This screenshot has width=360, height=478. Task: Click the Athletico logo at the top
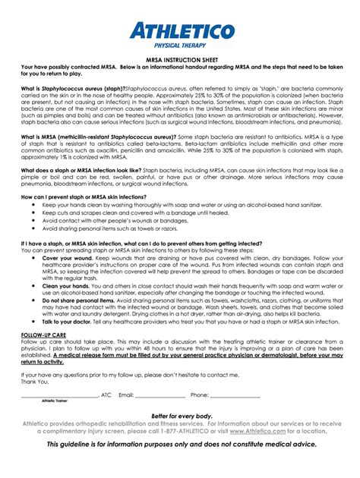(180, 30)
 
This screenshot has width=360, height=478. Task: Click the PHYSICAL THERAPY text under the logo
(180, 46)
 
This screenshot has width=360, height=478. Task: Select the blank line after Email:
(160, 395)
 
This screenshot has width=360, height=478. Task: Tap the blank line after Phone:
(235, 395)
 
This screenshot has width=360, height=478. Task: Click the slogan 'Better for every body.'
(181, 417)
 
